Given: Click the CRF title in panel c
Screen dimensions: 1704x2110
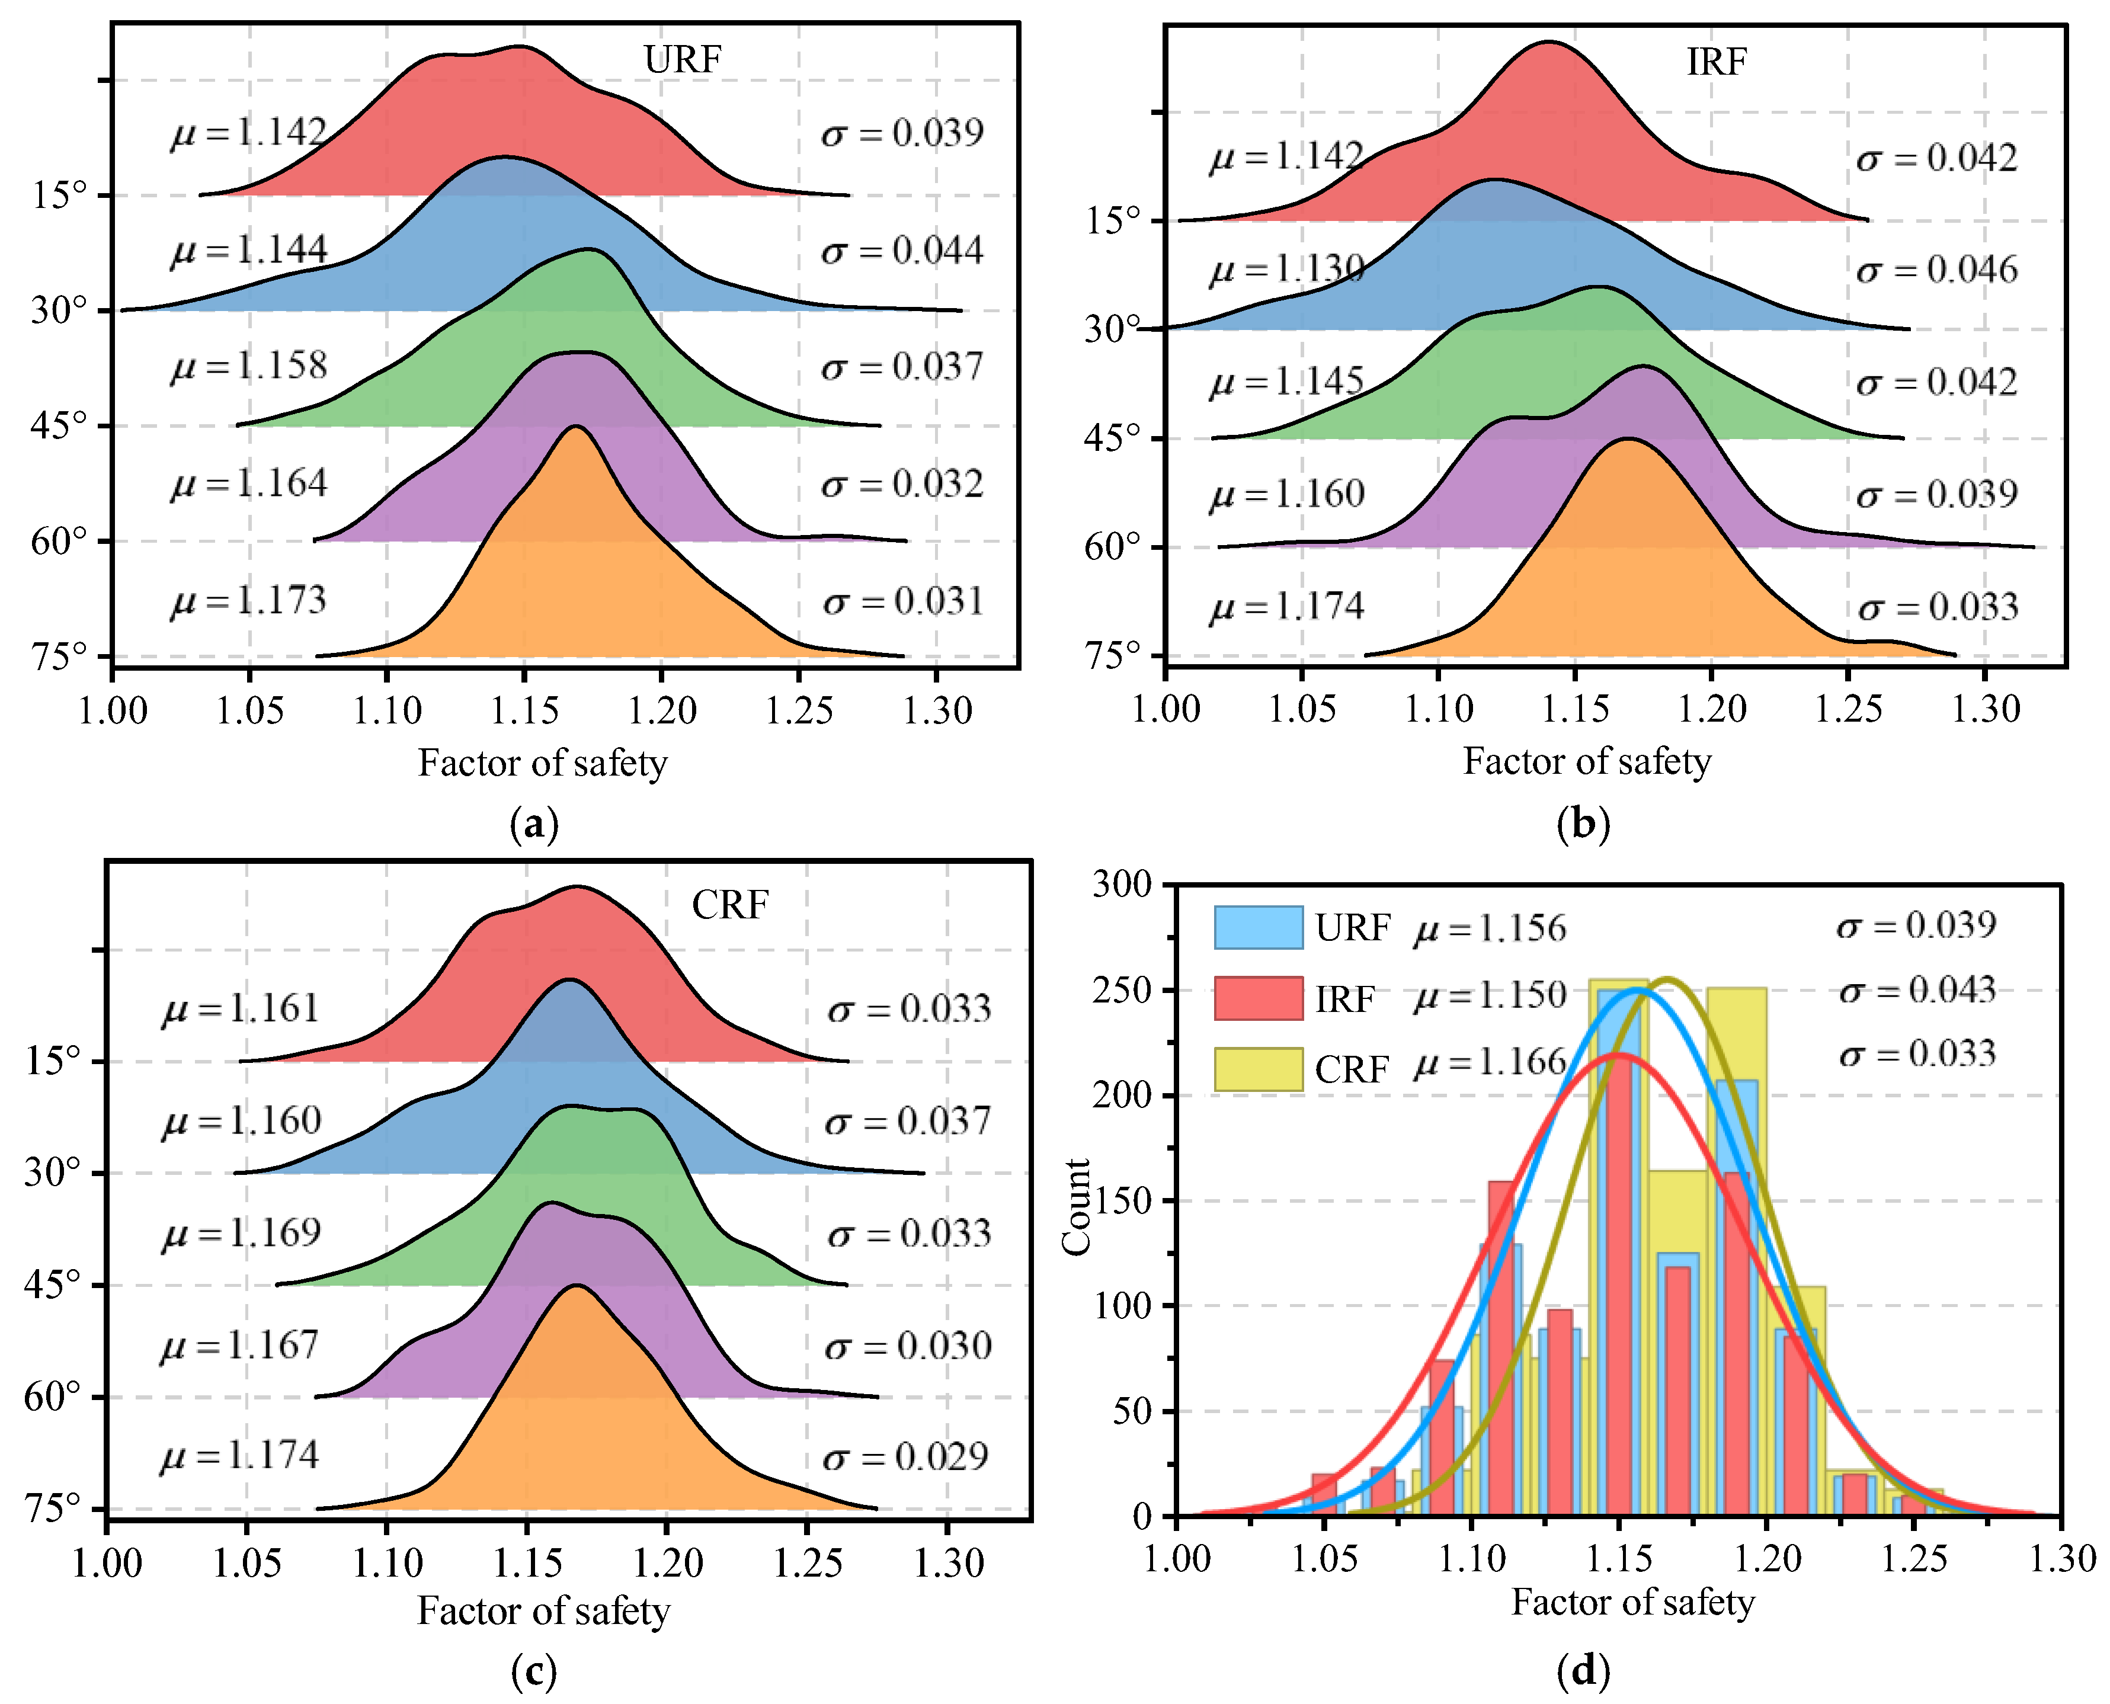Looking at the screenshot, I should point(729,905).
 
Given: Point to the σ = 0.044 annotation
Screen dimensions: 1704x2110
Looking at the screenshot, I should point(902,250).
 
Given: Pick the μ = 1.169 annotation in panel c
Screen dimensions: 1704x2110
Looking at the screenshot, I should point(241,1233).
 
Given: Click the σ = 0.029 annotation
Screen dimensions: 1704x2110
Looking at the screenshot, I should point(906,1457).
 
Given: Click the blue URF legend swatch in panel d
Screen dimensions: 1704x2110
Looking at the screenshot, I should point(1258,927).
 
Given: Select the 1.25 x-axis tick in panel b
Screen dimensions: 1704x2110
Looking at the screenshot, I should point(1848,707).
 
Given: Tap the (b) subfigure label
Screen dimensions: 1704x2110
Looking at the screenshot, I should point(1583,825).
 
